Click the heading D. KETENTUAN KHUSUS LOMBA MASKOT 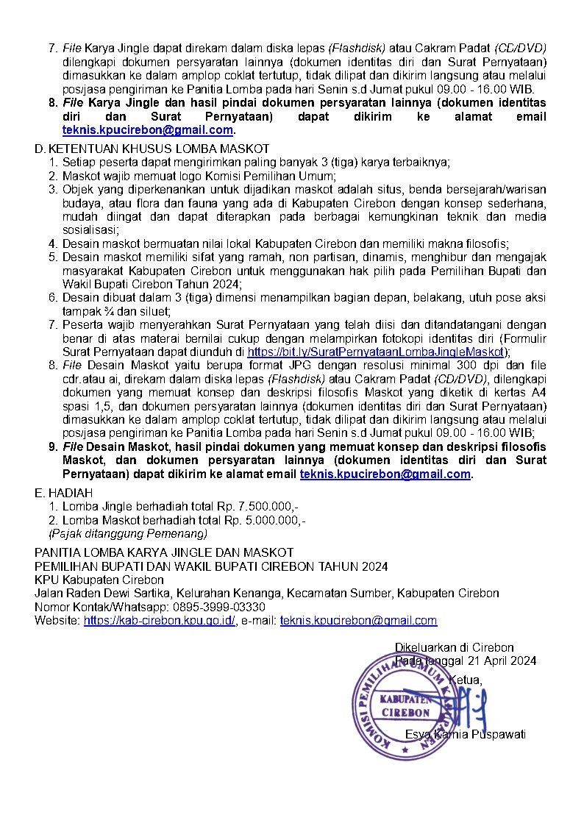coord(152,149)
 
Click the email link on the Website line coord(358,621)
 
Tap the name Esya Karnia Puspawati coord(465,734)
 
